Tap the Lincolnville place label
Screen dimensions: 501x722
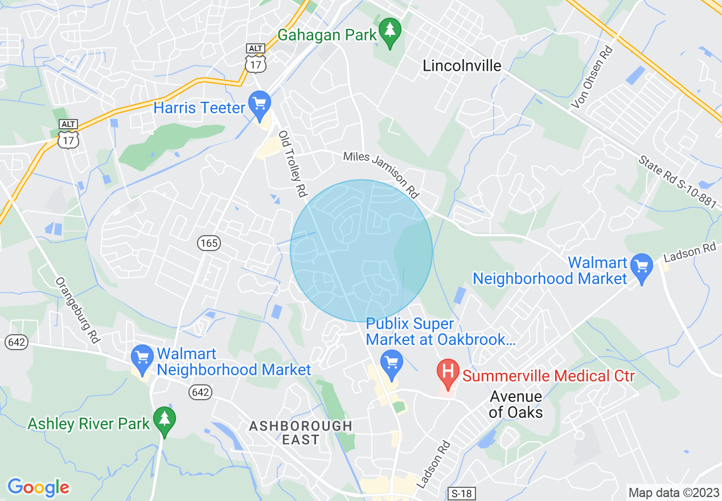tap(462, 66)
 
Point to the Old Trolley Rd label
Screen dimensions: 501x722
tap(290, 165)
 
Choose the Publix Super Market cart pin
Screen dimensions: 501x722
tap(392, 362)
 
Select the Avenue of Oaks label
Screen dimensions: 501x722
tap(516, 404)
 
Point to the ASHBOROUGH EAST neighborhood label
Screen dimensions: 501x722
tap(301, 433)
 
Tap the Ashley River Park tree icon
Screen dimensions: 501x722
tap(165, 420)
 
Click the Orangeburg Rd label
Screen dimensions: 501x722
tap(78, 310)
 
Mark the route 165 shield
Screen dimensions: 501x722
tap(209, 244)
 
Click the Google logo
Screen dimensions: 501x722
tap(38, 487)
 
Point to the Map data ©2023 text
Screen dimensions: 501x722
tap(672, 492)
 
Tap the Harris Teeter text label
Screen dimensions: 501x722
tap(199, 108)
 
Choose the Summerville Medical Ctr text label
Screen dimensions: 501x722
tap(548, 376)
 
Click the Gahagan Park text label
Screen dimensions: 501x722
tap(327, 35)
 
